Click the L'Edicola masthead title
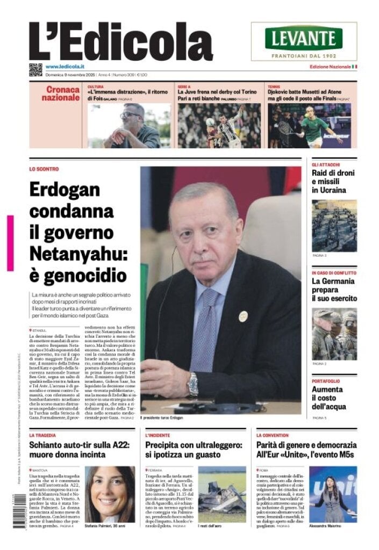coord(120,42)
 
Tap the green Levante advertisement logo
coord(304,38)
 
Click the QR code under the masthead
coord(35,69)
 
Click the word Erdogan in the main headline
coord(65,190)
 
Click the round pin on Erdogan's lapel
coord(243,316)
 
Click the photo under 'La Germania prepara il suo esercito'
coord(334,334)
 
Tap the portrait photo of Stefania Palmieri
coord(110,494)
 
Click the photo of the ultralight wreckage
coord(221,494)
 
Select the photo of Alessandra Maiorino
coord(333,494)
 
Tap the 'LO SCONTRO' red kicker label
coord(44,169)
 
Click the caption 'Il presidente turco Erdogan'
coord(162,418)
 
